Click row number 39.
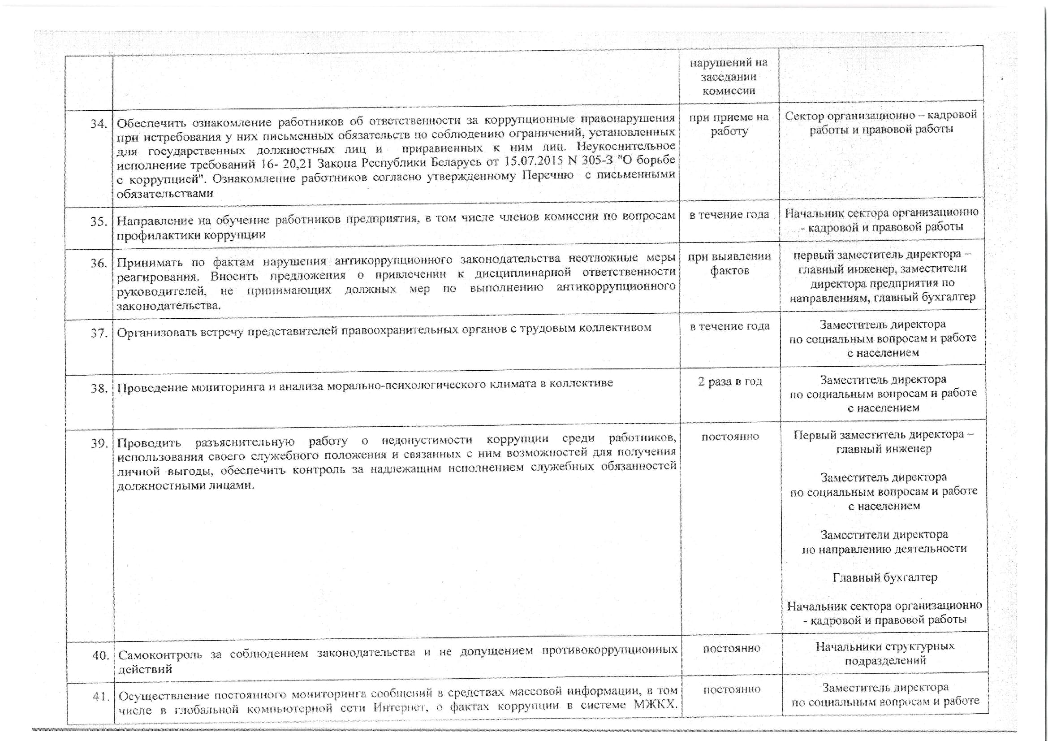99,444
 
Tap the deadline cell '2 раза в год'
730,381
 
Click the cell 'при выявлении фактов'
729,264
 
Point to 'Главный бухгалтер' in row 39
885,577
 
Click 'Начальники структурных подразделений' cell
885,653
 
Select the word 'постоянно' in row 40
731,648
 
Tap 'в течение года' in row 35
729,215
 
